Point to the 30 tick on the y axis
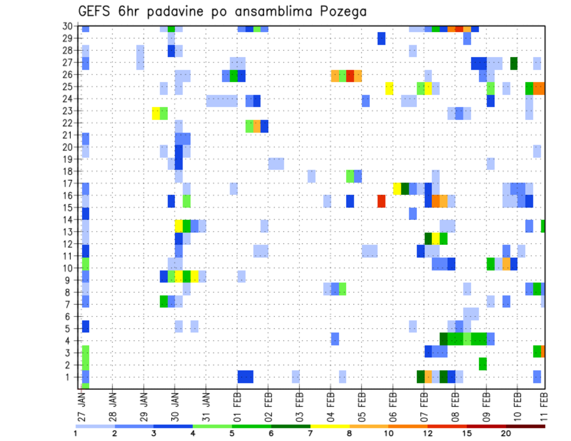click(70, 26)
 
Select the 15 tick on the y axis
click(70, 207)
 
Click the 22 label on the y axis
click(70, 122)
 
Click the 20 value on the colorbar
click(506, 433)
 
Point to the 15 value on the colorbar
click(467, 433)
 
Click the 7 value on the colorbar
click(310, 433)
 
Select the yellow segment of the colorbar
click(330, 426)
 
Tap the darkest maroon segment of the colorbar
click(525, 426)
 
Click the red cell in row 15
click(381, 201)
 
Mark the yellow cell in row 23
click(156, 113)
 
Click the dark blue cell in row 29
click(381, 38)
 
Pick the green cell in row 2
click(482, 363)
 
